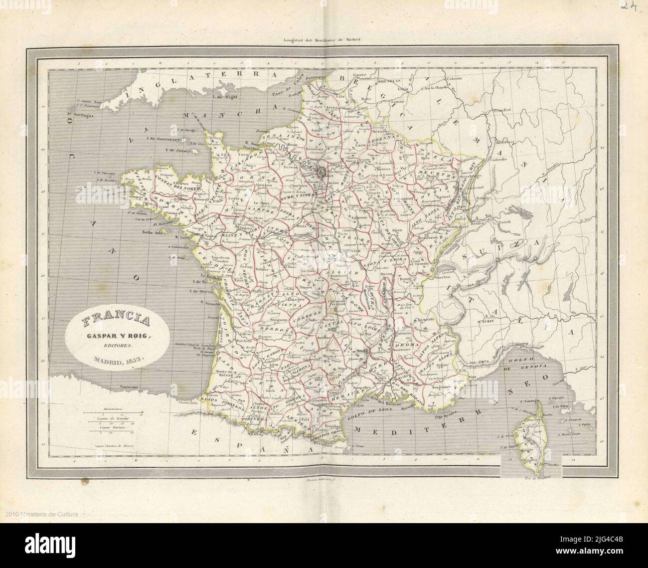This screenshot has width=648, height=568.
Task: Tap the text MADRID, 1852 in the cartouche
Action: (114, 359)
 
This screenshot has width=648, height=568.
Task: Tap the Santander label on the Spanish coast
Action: (128, 386)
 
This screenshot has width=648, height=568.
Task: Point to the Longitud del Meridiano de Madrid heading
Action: (322, 40)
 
